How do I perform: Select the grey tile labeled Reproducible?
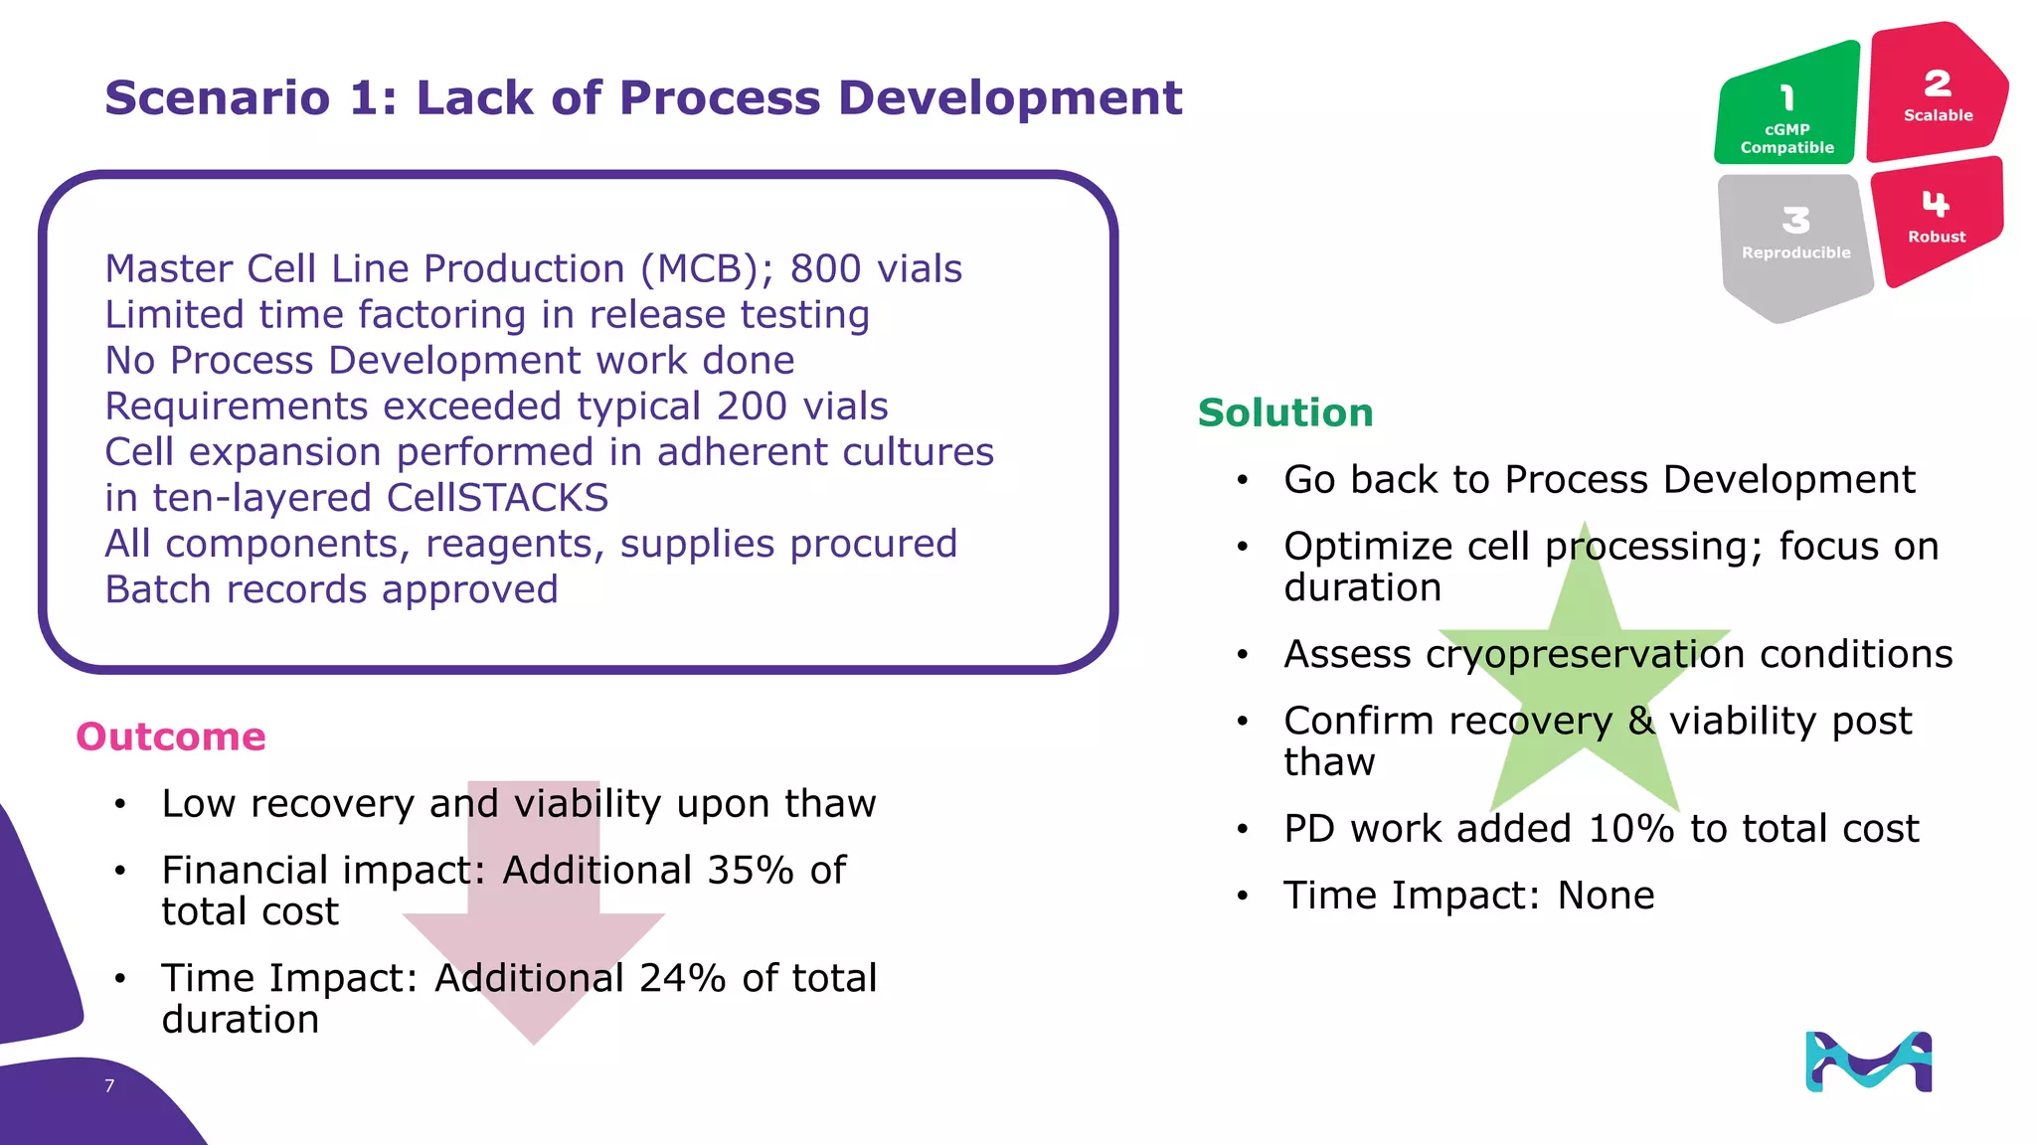click(x=1795, y=239)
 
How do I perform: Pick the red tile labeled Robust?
click(x=1936, y=219)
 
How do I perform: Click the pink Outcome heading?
click(x=171, y=736)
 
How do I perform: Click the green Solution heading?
click(x=1285, y=412)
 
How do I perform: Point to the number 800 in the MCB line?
click(x=825, y=268)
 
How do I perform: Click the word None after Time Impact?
click(x=1606, y=896)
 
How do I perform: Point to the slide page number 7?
click(x=109, y=1085)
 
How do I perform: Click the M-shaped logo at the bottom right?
click(x=1868, y=1062)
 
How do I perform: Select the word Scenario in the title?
click(x=217, y=97)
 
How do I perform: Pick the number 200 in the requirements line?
click(x=752, y=406)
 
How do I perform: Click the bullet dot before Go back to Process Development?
click(x=1242, y=480)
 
